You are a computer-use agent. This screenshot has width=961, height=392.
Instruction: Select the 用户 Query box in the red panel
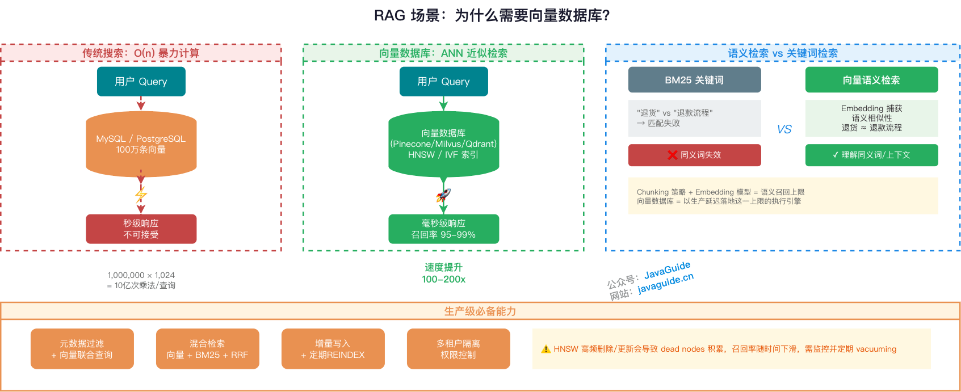point(141,82)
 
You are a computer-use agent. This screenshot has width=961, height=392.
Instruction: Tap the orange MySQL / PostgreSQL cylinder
point(141,144)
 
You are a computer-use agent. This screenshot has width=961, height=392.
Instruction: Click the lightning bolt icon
point(141,195)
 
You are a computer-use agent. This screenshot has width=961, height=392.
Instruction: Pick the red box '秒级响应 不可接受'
point(141,229)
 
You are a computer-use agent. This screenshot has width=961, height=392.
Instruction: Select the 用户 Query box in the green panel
point(443,82)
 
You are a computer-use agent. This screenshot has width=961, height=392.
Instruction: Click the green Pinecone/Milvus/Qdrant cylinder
point(443,144)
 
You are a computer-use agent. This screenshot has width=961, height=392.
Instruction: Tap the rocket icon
point(443,196)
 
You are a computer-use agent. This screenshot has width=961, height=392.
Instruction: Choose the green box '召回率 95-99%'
point(443,229)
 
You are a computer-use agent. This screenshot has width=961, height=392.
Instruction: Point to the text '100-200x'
point(443,279)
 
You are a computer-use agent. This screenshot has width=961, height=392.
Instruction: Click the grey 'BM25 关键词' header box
point(694,80)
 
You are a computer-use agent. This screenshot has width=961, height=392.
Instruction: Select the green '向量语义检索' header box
point(871,80)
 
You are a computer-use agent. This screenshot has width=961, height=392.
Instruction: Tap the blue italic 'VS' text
point(784,129)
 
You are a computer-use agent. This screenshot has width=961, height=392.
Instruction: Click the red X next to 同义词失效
point(672,155)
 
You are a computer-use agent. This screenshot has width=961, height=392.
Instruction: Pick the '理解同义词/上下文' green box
point(871,155)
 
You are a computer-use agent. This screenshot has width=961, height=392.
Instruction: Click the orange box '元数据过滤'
point(82,349)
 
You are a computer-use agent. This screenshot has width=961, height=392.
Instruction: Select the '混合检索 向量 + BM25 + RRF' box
point(207,349)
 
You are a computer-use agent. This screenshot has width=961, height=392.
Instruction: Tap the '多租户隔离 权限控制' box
point(458,349)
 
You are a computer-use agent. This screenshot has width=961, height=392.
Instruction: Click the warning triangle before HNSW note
point(545,349)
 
